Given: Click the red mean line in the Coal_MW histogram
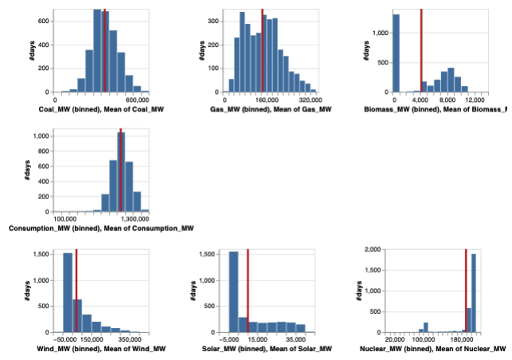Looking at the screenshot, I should point(104,51).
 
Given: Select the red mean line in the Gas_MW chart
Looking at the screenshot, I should point(263,51).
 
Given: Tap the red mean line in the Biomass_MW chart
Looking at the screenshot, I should point(421,51).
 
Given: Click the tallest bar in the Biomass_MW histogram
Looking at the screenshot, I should point(397,53).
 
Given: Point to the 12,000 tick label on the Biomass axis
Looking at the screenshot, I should point(475,100).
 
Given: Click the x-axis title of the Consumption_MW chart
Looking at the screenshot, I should point(101,229).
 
